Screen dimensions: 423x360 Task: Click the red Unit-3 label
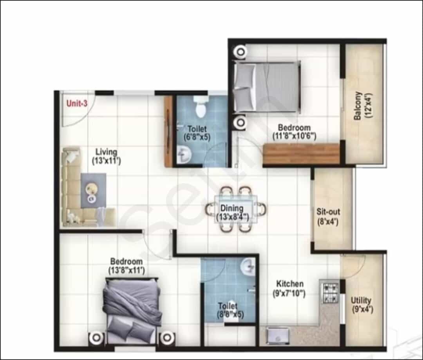[x=77, y=103]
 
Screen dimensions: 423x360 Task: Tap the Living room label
[x=106, y=152]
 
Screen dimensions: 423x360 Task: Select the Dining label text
[x=232, y=208]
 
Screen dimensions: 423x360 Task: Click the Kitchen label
[x=290, y=284]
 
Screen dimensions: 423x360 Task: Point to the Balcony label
[x=358, y=106]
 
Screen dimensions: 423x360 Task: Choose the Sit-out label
[x=328, y=212]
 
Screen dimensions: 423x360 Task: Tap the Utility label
[x=361, y=300]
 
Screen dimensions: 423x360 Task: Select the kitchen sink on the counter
[x=277, y=335]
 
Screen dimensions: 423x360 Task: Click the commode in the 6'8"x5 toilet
[x=200, y=107]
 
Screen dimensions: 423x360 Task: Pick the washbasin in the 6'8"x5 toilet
[x=184, y=155]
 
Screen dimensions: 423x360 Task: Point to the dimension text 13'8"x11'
[x=127, y=270]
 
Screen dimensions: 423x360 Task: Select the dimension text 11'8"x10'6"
[x=294, y=136]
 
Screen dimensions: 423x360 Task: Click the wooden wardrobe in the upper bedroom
[x=301, y=154]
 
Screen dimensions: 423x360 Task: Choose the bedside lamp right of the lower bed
[x=167, y=338]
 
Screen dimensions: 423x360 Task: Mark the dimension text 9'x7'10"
[x=289, y=293]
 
